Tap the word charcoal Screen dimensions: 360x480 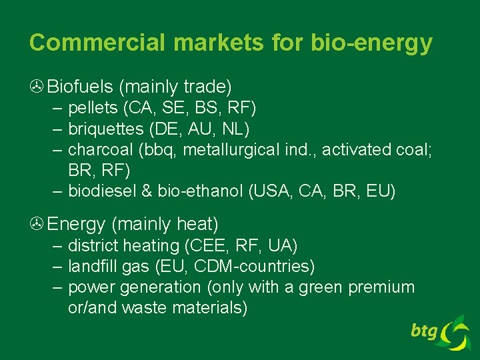(97, 149)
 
